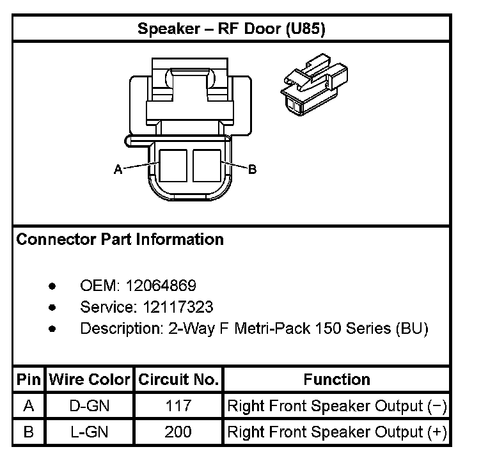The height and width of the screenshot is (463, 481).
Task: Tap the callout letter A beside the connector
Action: click(118, 169)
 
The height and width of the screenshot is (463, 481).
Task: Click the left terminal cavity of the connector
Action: click(173, 165)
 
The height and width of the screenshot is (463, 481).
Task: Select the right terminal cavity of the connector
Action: click(207, 165)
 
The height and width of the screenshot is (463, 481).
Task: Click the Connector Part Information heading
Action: click(120, 240)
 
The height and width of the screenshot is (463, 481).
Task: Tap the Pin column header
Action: click(28, 379)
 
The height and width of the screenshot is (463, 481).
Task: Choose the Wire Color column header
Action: click(90, 379)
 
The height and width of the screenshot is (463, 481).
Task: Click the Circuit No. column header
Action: click(178, 379)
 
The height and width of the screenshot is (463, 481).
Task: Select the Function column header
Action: click(336, 379)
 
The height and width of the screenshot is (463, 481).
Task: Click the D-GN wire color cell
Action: click(90, 406)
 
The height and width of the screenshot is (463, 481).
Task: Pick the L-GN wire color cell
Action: click(90, 432)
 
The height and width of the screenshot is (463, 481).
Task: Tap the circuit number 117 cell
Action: click(178, 406)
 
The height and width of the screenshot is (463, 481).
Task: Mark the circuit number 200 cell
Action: click(178, 432)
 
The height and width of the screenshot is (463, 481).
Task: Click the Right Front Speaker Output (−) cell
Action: click(336, 406)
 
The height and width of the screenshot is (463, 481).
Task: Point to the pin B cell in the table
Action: click(28, 432)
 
